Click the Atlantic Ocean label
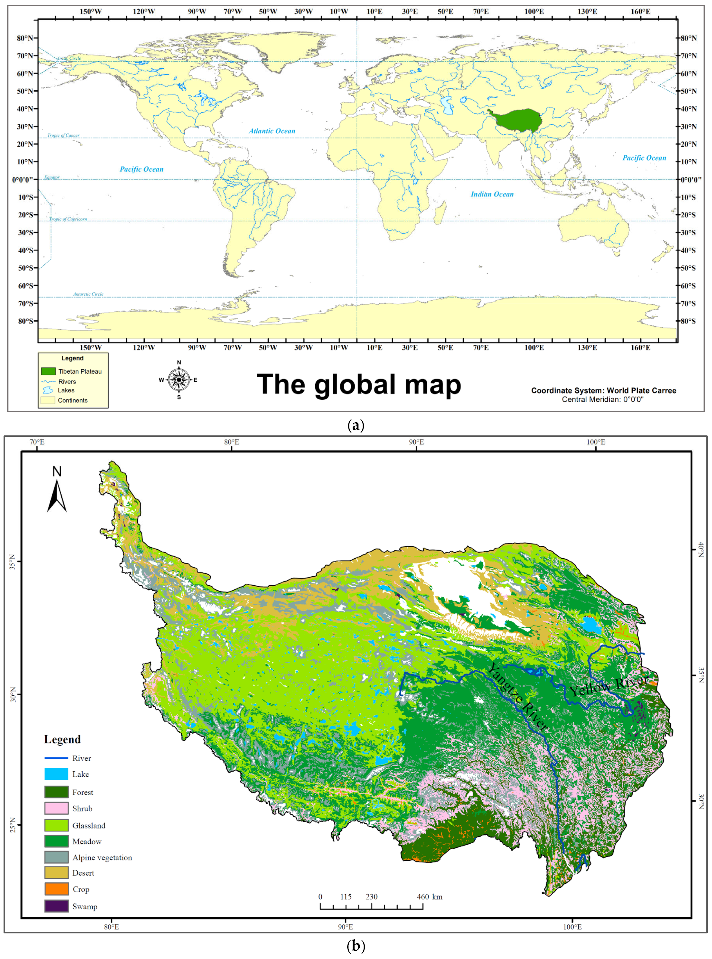click(x=272, y=131)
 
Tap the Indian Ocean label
click(x=492, y=194)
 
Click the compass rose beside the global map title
click(x=179, y=379)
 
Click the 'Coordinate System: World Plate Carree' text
click(x=603, y=390)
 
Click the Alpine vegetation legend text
click(x=102, y=857)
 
